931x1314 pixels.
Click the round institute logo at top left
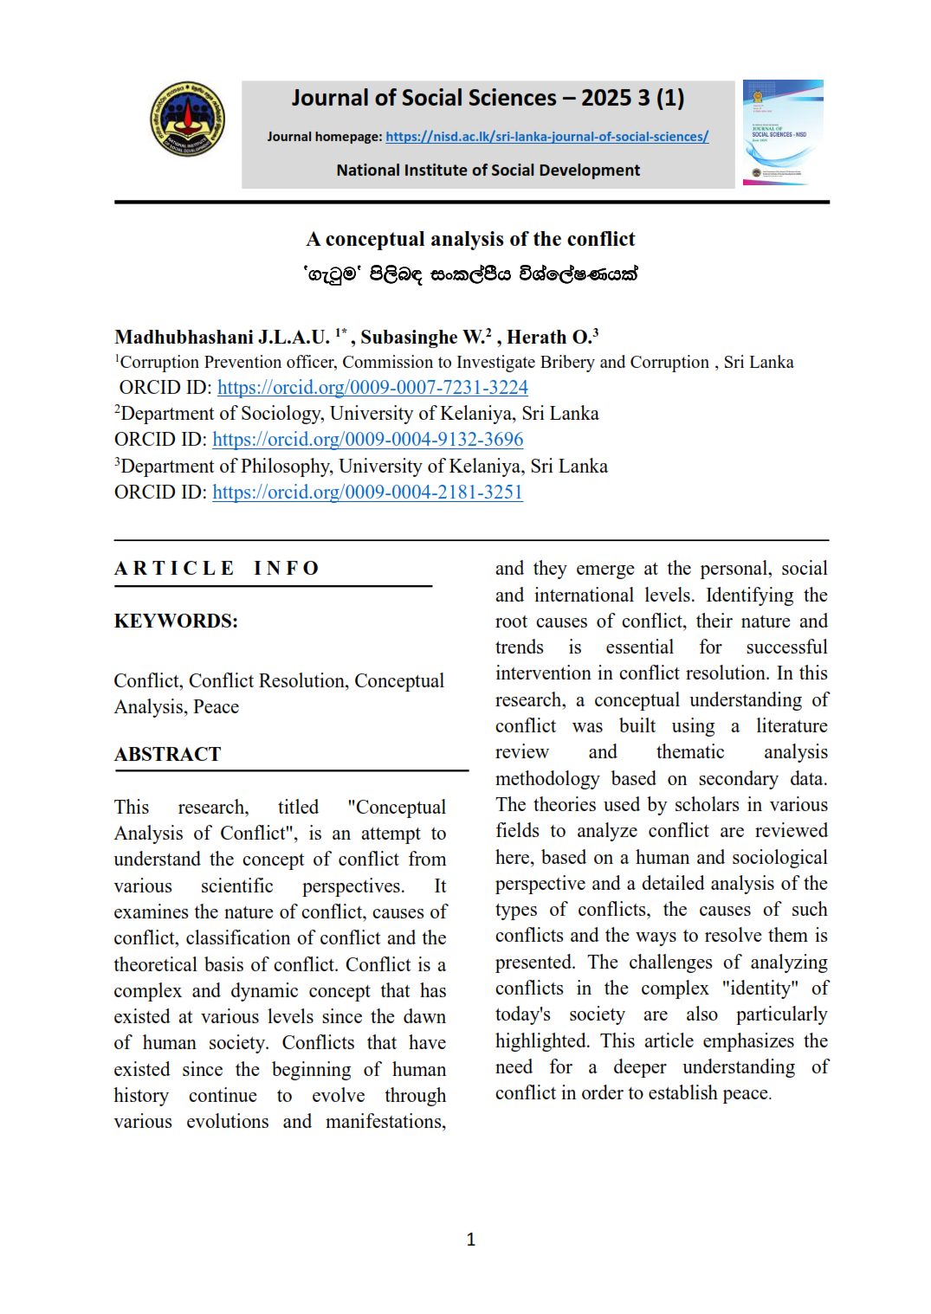(187, 119)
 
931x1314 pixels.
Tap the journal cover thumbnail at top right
(783, 132)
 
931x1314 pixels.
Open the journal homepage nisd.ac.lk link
(546, 137)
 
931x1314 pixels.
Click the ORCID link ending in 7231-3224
(372, 387)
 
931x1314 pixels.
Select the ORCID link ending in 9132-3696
(367, 439)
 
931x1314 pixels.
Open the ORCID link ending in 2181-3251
(367, 492)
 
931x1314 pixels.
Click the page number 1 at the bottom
(470, 1240)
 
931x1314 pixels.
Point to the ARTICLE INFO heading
(217, 568)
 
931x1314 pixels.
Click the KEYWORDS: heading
(176, 621)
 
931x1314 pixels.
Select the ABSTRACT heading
(168, 754)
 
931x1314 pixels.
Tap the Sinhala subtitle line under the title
(470, 274)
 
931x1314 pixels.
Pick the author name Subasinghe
(409, 337)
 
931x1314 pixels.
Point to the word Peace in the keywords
(216, 706)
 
